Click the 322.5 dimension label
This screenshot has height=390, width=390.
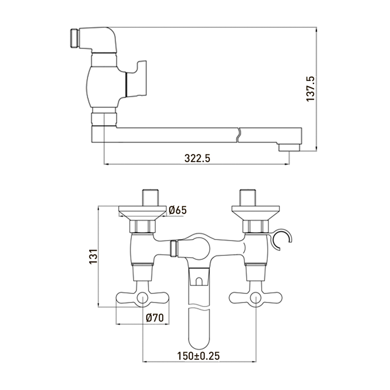[x=197, y=158]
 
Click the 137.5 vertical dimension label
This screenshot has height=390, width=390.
[x=310, y=89]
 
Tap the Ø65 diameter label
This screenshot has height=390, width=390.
[x=177, y=210]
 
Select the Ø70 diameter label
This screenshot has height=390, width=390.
[x=155, y=317]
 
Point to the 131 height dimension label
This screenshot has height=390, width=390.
[x=93, y=257]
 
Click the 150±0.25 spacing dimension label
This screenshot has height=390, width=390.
[x=198, y=356]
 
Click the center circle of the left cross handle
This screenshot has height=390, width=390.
[x=142, y=298]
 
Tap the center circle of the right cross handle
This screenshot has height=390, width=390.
[x=256, y=298]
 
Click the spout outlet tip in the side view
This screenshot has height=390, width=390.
[x=289, y=148]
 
